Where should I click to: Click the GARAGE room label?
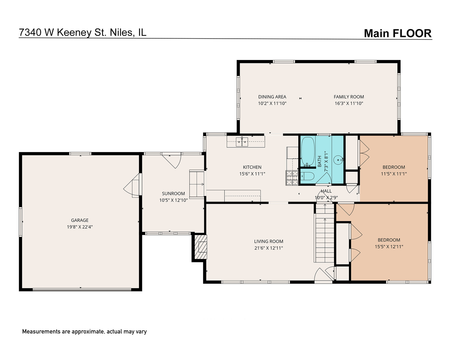click(x=80, y=220)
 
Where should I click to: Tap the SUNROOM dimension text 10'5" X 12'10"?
click(x=173, y=200)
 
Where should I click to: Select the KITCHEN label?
click(x=252, y=167)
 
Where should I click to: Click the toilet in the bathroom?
click(x=308, y=177)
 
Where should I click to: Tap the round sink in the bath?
click(x=339, y=160)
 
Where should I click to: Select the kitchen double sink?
click(x=242, y=142)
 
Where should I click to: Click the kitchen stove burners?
click(x=292, y=178)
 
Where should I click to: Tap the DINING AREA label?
click(x=272, y=97)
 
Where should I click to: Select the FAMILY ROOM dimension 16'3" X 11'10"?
click(x=349, y=103)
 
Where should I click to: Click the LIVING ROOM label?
click(x=268, y=241)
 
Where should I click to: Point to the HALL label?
click(x=326, y=191)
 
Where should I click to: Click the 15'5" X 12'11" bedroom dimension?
click(x=389, y=247)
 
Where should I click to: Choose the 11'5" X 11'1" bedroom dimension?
click(x=394, y=174)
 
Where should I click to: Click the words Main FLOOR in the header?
click(x=397, y=33)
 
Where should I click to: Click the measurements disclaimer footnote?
click(x=84, y=332)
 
